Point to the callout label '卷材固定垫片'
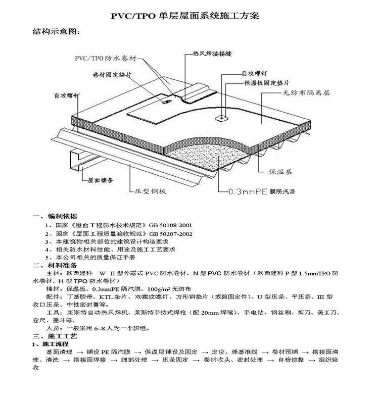pyautogui.click(x=112, y=75)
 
